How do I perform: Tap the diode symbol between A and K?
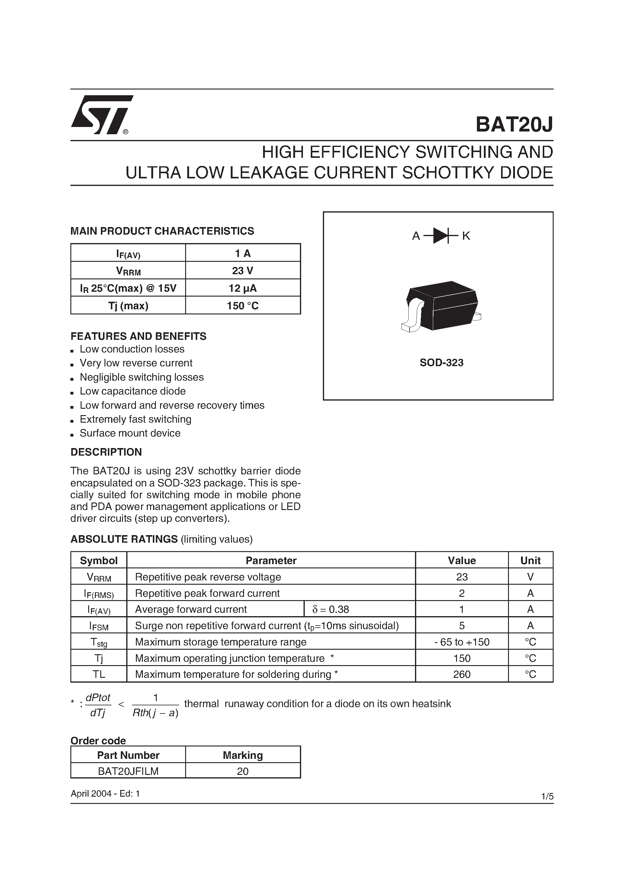pyautogui.click(x=441, y=236)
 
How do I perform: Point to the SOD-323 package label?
pyautogui.click(x=441, y=363)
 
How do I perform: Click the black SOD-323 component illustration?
pyautogui.click(x=441, y=307)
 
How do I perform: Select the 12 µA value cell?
pyautogui.click(x=243, y=288)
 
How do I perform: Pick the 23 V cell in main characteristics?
pyautogui.click(x=243, y=271)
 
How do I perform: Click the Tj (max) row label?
pyautogui.click(x=128, y=306)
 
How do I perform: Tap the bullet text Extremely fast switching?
pyautogui.click(x=135, y=419)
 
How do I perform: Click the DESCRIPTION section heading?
pyautogui.click(x=106, y=452)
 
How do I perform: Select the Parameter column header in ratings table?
pyautogui.click(x=271, y=561)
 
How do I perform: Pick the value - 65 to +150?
pyautogui.click(x=462, y=642)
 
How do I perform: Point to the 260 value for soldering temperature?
pyautogui.click(x=462, y=674)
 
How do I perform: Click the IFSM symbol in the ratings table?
pyautogui.click(x=99, y=626)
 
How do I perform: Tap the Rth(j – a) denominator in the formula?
pyautogui.click(x=155, y=713)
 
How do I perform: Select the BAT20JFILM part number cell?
pyautogui.click(x=128, y=771)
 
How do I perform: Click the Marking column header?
pyautogui.click(x=243, y=755)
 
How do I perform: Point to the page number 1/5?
pyautogui.click(x=547, y=797)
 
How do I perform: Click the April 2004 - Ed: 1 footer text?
pyautogui.click(x=105, y=794)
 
